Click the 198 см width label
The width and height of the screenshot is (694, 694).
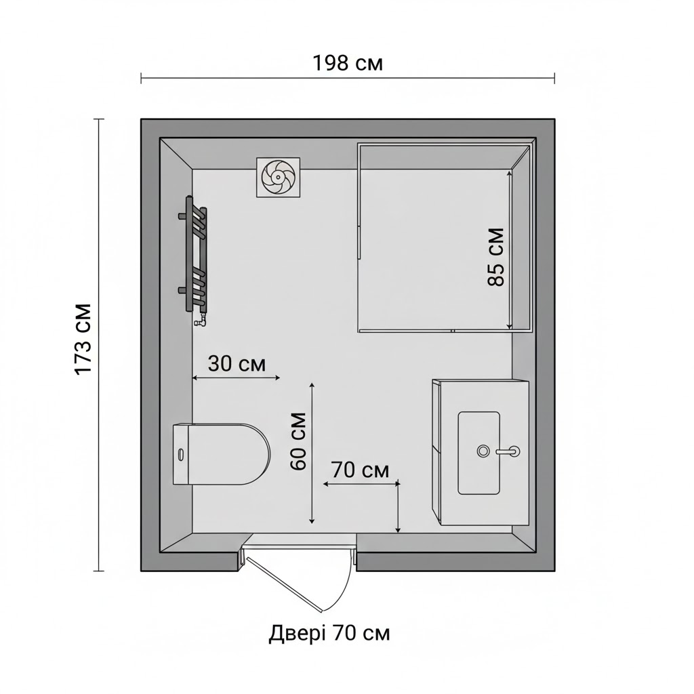348,63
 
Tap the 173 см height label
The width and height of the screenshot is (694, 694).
83,340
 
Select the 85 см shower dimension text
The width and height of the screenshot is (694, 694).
496,257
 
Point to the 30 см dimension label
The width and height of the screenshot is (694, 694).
237,364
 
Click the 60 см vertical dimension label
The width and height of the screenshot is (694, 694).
298,441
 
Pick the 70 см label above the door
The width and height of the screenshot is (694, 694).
361,470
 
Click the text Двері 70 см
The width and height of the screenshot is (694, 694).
329,634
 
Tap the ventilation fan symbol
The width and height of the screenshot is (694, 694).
278,177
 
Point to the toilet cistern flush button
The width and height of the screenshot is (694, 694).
180,454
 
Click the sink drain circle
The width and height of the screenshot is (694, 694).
483,451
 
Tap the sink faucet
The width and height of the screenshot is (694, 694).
508,451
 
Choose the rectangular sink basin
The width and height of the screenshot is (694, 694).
479,453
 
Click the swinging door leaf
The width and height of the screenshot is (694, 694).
284,584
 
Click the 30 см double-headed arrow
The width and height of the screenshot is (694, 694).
237,377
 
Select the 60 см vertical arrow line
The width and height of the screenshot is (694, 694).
312,453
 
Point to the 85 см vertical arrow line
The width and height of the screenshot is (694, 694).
510,250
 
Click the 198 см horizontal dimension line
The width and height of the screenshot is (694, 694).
348,78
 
